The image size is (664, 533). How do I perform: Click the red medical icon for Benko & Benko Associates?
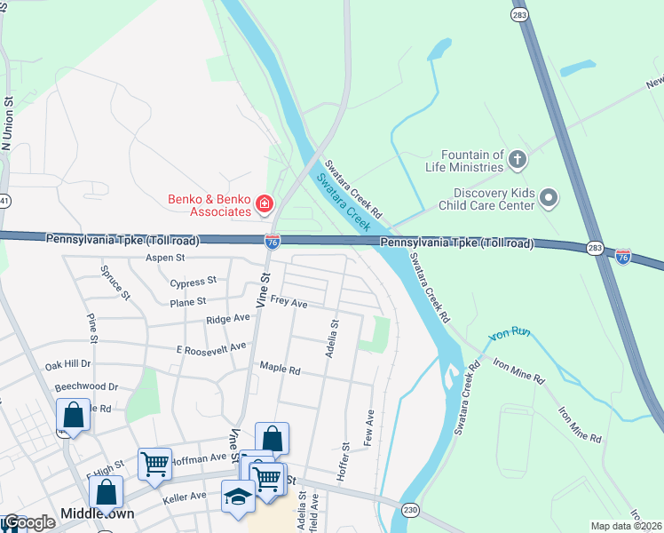[x=264, y=206]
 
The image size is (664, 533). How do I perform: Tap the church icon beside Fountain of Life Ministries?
[x=518, y=161]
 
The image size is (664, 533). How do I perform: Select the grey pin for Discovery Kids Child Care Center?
[x=549, y=198]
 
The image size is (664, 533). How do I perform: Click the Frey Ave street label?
[x=289, y=303]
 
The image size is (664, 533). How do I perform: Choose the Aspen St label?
[x=166, y=258]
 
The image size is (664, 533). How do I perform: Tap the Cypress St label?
[x=193, y=282]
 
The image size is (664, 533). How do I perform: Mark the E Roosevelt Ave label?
[x=211, y=347]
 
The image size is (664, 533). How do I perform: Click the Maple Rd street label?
[x=281, y=367]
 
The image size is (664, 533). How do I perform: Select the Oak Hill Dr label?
[x=68, y=364]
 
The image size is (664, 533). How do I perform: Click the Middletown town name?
[x=97, y=514]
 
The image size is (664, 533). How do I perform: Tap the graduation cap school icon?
[x=238, y=497]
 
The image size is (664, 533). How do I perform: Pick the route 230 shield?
[x=410, y=509]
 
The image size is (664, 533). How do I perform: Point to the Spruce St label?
[x=115, y=282]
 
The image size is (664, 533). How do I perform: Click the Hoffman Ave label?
[x=201, y=457]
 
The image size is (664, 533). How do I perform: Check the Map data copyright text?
[x=627, y=526]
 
